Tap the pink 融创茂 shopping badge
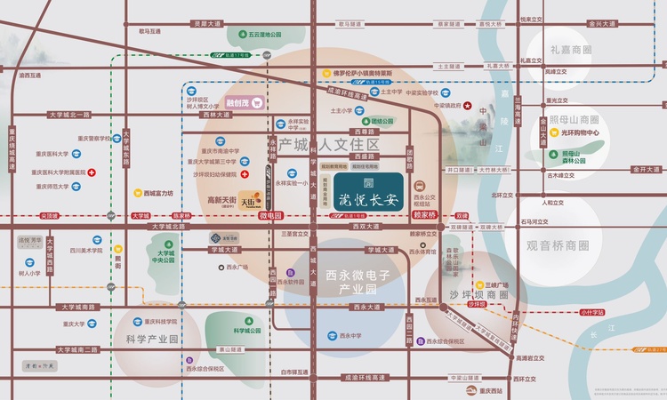[241, 102]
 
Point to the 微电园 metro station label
[269, 215]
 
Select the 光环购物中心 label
[582, 133]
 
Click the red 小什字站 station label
[591, 312]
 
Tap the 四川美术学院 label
[86, 252]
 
